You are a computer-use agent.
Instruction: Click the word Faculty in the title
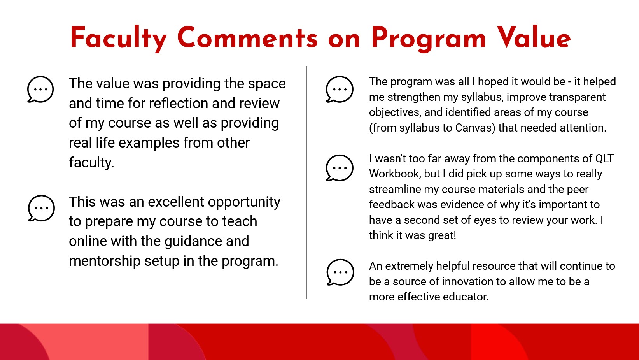coord(118,38)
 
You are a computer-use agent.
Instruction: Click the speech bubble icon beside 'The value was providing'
coord(40,89)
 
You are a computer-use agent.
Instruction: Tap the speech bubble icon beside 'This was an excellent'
coord(41,208)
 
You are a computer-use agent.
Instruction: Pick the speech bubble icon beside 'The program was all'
coord(340,89)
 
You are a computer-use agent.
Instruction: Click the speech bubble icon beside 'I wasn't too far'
coord(340,168)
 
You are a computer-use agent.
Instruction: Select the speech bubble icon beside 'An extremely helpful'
coord(340,272)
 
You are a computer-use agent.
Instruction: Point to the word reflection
coord(179,103)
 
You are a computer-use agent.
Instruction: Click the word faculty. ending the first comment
coord(91,162)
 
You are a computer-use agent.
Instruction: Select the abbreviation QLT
coord(604,158)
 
